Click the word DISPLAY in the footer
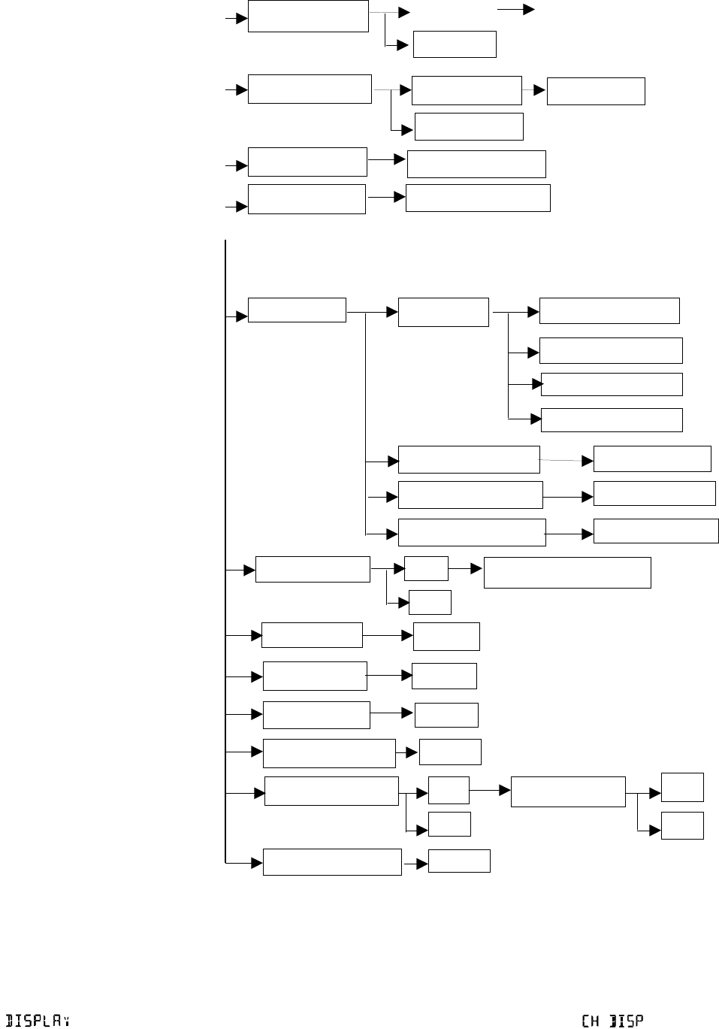38,1021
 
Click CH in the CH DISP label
590,1021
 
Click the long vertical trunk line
225,526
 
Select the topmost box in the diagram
308,17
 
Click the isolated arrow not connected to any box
516,10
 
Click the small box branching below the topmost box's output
455,44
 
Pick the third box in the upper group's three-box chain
596,91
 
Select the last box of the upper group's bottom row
478,198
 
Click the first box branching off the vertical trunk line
297,310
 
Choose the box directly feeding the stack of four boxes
443,312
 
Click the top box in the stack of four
609,310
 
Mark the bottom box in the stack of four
612,420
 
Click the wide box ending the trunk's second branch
567,572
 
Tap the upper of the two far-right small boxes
682,787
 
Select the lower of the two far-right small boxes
682,825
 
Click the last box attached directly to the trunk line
332,862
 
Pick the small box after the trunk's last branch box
459,861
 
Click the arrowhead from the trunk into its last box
257,862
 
